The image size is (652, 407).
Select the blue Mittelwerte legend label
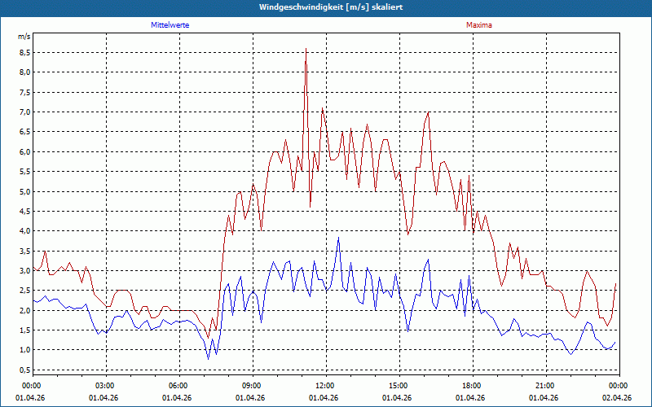pyautogui.click(x=170, y=25)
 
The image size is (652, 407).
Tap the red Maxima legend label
pyautogui.click(x=479, y=25)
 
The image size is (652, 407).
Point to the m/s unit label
pyautogui.click(x=24, y=37)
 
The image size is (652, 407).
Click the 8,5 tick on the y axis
pyautogui.click(x=24, y=52)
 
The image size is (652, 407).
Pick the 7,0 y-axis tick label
pyautogui.click(x=24, y=112)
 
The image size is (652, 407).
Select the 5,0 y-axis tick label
pyautogui.click(x=24, y=191)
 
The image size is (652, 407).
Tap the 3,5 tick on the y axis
pyautogui.click(x=24, y=251)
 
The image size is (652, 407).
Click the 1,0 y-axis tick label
pyautogui.click(x=24, y=350)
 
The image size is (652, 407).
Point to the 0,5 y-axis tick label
pyautogui.click(x=24, y=370)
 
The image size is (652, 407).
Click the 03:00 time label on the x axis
pyautogui.click(x=105, y=386)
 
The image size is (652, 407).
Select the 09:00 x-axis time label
pyautogui.click(x=252, y=386)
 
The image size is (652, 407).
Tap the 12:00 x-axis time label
pyautogui.click(x=325, y=386)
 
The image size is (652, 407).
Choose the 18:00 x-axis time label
pyautogui.click(x=472, y=386)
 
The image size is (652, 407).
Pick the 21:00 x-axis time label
pyautogui.click(x=545, y=386)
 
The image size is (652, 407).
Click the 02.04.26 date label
pyautogui.click(x=618, y=397)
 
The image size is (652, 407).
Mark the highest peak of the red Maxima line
pyautogui.click(x=306, y=49)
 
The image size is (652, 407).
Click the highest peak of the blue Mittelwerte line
pyautogui.click(x=338, y=238)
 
